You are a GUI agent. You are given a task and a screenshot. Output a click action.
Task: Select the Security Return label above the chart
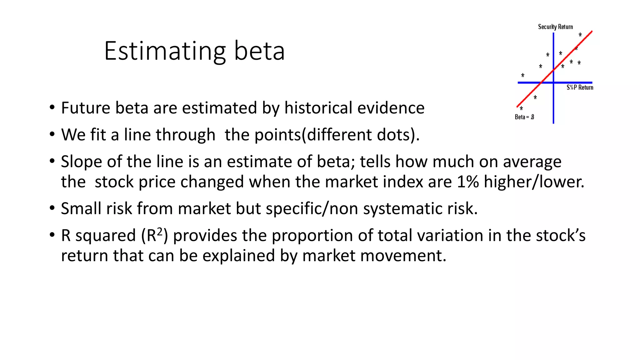555,27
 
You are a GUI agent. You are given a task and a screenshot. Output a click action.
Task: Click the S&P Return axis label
580,87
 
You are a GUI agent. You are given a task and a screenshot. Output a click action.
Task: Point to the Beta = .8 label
524,117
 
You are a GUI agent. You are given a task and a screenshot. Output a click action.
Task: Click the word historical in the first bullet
318,108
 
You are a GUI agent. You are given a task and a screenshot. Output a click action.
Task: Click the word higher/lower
534,182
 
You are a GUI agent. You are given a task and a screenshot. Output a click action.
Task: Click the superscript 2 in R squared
160,232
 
